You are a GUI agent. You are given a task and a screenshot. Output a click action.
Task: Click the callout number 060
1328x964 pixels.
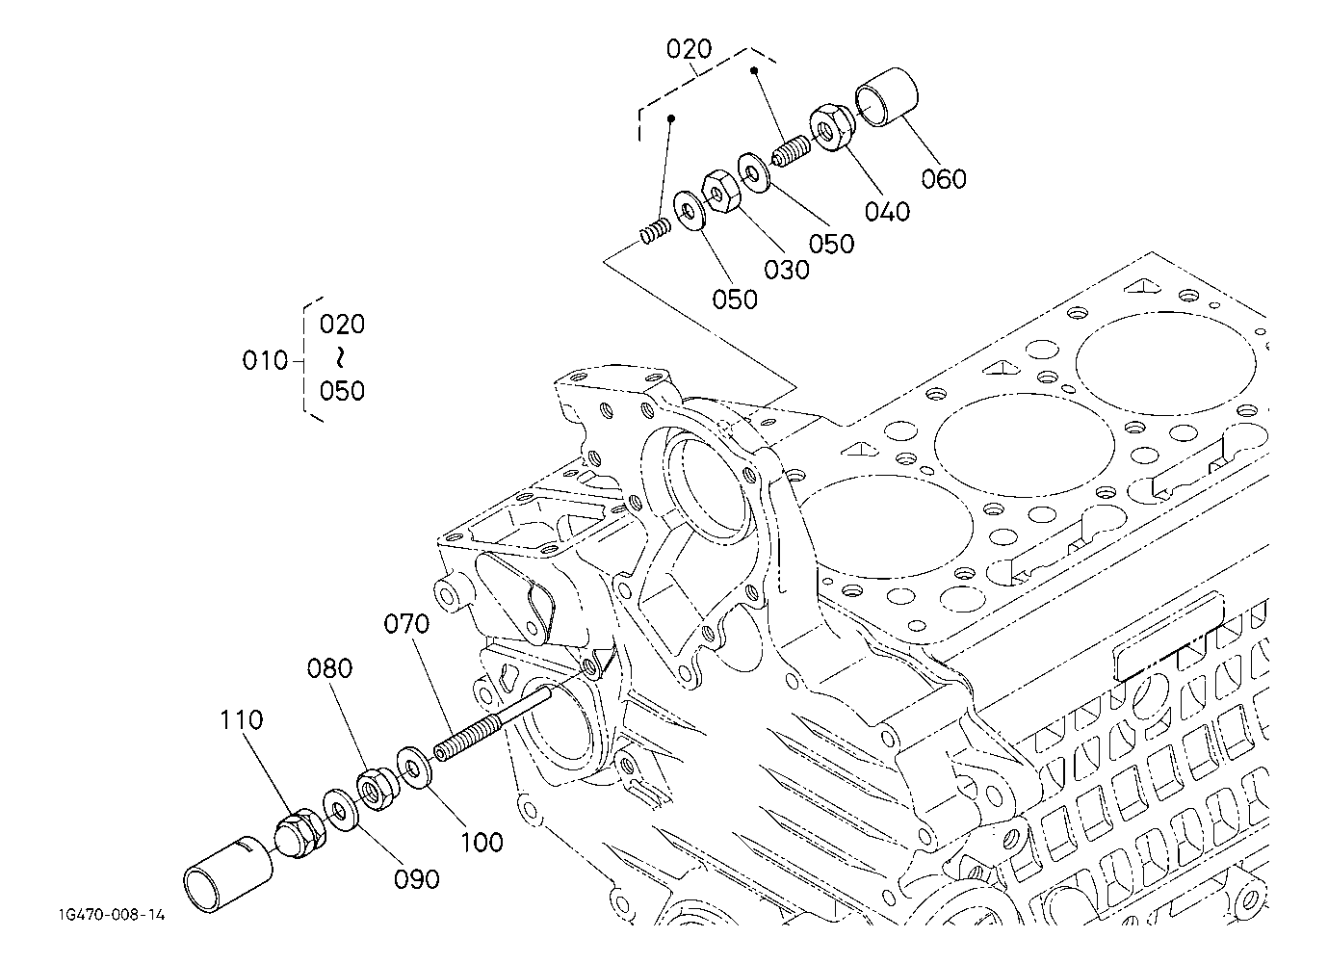tap(944, 178)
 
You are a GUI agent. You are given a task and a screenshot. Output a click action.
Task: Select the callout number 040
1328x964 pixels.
tap(887, 212)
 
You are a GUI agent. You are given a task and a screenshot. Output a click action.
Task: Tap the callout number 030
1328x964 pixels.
tap(787, 270)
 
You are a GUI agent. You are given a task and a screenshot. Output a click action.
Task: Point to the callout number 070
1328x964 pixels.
tap(406, 624)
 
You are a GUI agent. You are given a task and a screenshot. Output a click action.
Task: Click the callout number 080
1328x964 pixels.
tap(329, 668)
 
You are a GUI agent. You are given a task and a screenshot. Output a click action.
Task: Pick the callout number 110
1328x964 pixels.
tap(242, 719)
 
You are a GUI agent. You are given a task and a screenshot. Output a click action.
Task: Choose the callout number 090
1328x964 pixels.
tap(417, 879)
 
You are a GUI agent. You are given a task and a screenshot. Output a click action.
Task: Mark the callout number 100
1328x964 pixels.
tap(482, 842)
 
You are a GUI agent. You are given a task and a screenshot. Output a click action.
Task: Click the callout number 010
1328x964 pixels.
tap(265, 360)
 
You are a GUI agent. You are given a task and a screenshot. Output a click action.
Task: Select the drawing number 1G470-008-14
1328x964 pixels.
tap(112, 915)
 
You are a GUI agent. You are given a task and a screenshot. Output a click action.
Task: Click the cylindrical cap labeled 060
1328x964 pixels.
tap(886, 96)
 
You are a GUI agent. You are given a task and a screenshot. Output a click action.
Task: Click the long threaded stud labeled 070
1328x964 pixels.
tap(493, 723)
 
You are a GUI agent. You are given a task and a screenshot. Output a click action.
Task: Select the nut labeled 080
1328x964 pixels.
tap(377, 789)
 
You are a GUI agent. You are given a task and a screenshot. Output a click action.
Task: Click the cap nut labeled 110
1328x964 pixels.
tap(300, 832)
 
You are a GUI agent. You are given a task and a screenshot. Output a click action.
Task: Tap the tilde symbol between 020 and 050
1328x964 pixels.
tap(340, 357)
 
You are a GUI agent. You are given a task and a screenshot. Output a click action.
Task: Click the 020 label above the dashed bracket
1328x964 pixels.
tap(689, 48)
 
